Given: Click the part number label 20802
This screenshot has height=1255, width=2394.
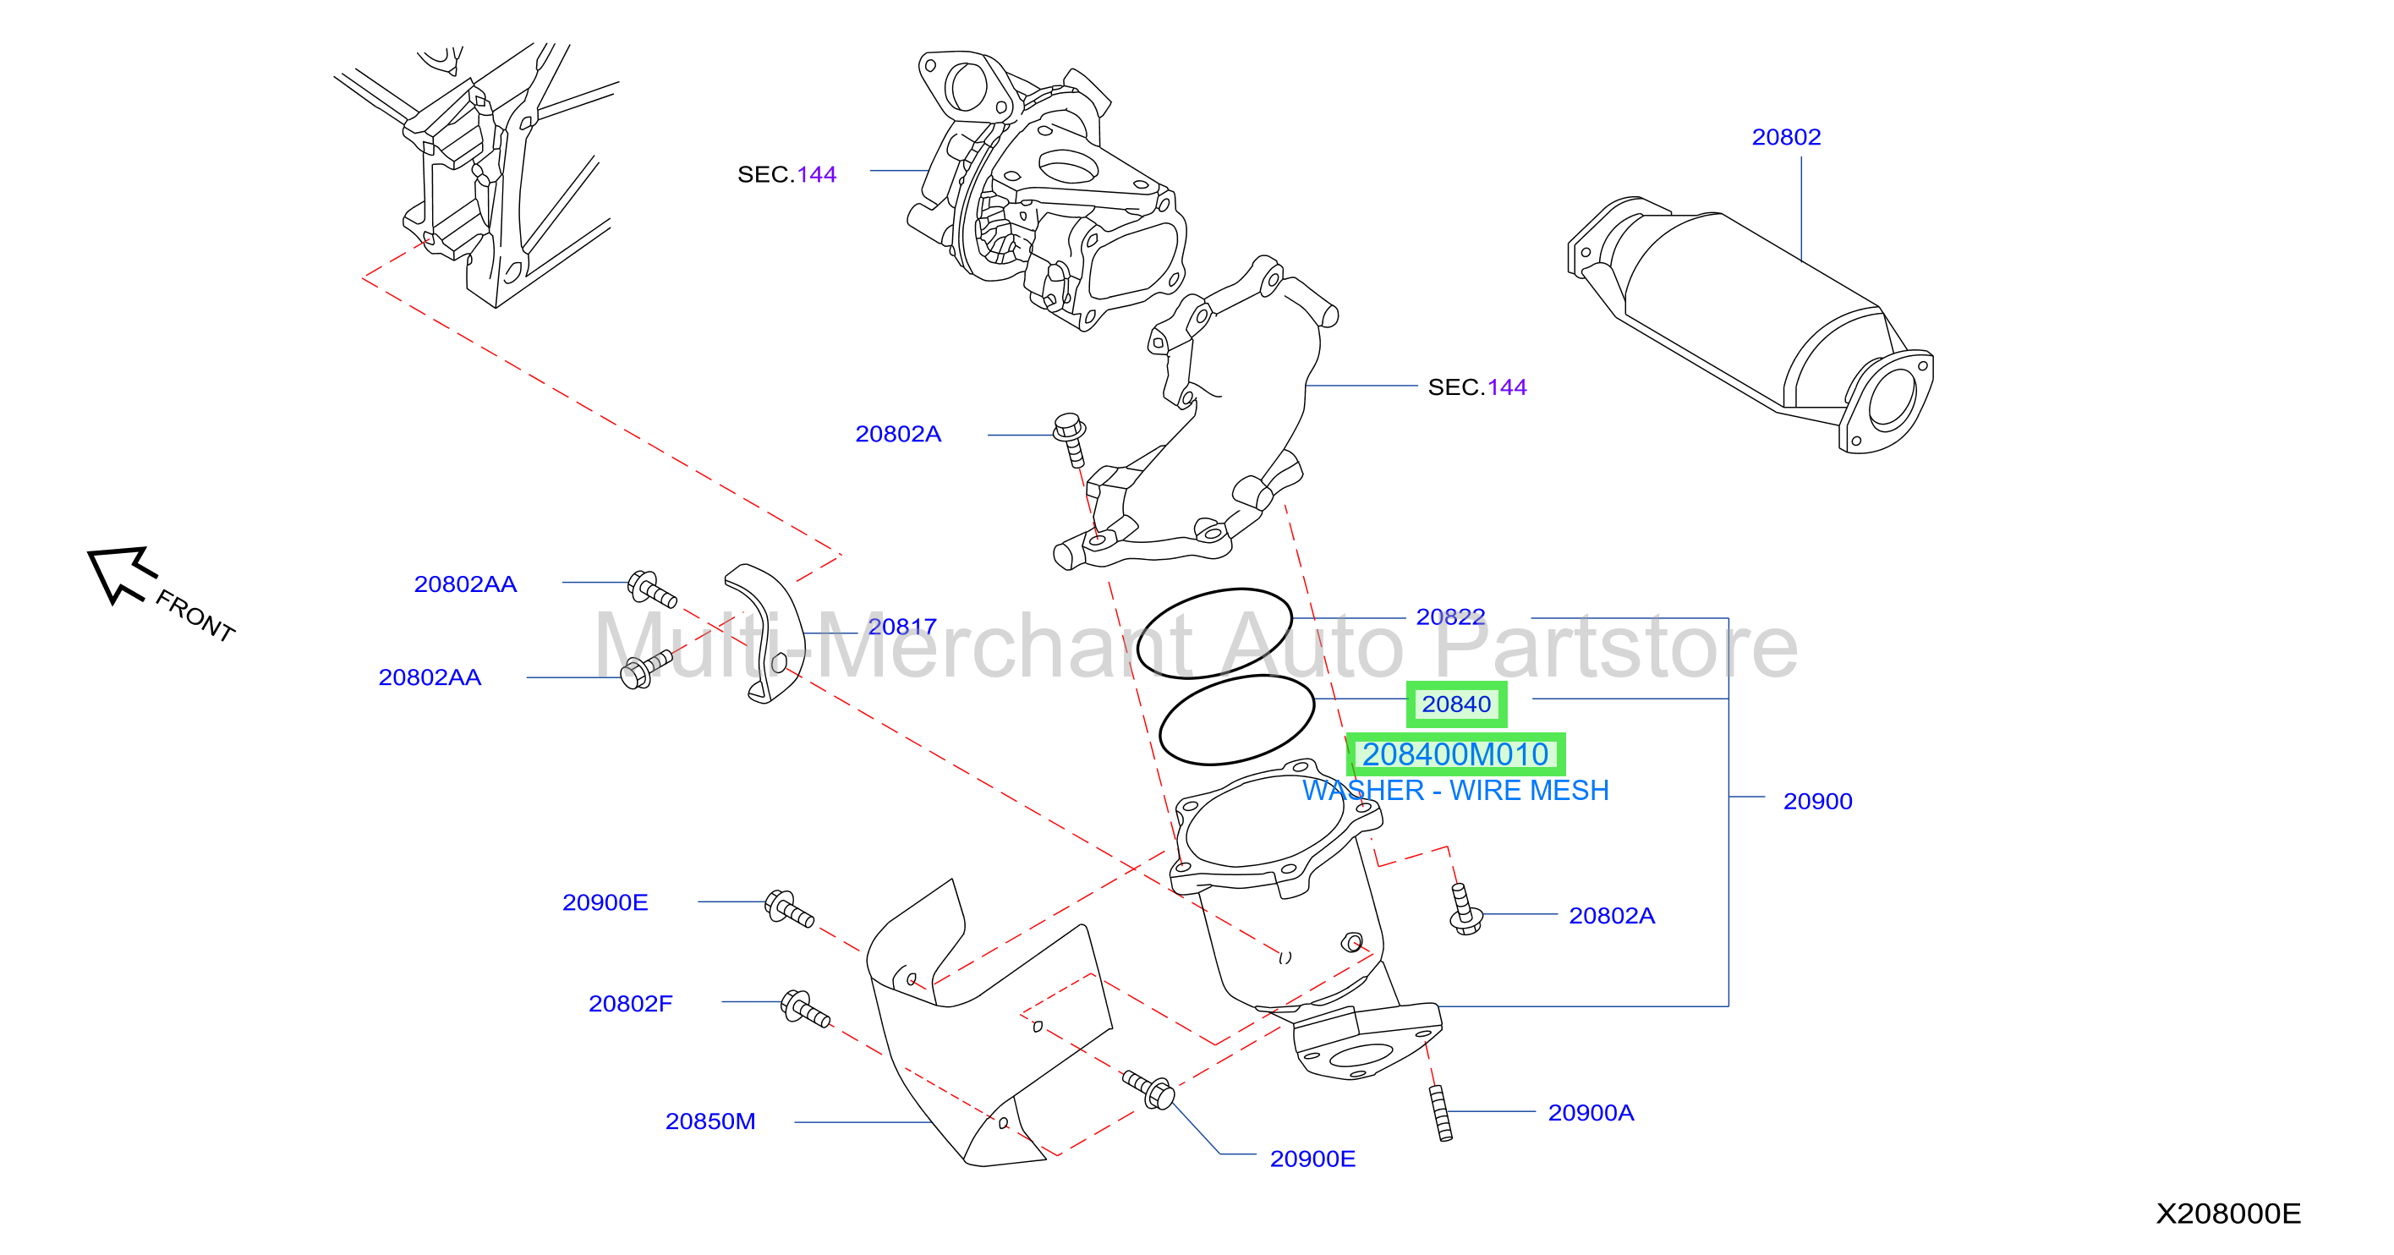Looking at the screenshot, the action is pos(1785,138).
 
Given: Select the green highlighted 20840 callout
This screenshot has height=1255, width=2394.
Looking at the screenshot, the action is pos(1456,704).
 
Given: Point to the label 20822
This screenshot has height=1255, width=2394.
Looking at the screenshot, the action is pos(1449,617).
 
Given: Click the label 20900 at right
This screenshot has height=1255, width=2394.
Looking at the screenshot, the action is pos(1817,802).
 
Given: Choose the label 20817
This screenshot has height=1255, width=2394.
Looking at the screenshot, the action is pos(901,627).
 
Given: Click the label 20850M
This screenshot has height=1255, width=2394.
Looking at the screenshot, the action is pos(710,1121).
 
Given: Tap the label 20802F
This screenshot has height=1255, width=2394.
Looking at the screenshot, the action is pos(630,1004).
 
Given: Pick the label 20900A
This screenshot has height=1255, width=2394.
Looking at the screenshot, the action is pos(1590,1113).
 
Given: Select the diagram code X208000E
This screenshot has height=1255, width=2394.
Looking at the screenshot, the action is pos(2227,1214).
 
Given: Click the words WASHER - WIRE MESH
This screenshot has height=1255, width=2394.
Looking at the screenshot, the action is pos(1455,790).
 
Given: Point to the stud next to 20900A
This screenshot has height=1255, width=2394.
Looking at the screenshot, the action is pos(1440,1113).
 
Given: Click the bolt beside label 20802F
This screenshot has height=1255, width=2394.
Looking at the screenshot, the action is pos(805,1009).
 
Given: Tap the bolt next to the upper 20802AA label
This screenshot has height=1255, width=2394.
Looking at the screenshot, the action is pos(651,589).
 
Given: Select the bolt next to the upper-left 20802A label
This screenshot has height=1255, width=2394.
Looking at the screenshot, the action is pos(1070,440).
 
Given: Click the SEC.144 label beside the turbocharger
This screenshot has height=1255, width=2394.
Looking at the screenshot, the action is pos(786,175).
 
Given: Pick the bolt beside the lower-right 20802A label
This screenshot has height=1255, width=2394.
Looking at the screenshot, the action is pos(1465,909).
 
